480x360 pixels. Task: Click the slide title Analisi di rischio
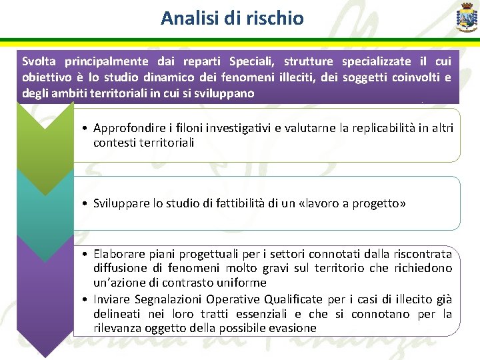[x=232, y=18]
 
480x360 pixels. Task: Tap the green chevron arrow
[x=45, y=137]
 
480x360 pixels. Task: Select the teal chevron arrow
[x=45, y=200]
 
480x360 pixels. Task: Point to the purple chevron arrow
[x=45, y=287]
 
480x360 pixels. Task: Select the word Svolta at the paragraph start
[x=38, y=61]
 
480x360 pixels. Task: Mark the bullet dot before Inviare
[x=87, y=299]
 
